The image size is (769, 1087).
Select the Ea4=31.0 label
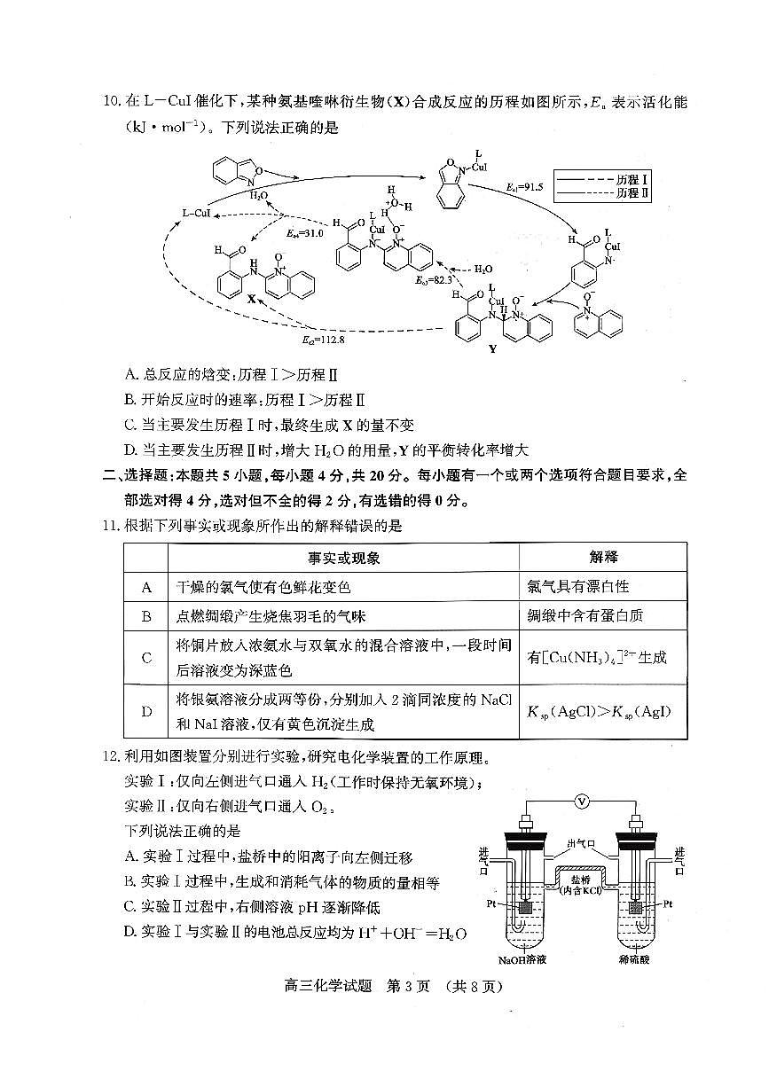304,233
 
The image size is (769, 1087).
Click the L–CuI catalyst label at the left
196,213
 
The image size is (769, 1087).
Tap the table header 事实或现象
343,558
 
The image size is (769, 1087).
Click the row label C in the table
146,658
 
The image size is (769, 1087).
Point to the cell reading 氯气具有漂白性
578,587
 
